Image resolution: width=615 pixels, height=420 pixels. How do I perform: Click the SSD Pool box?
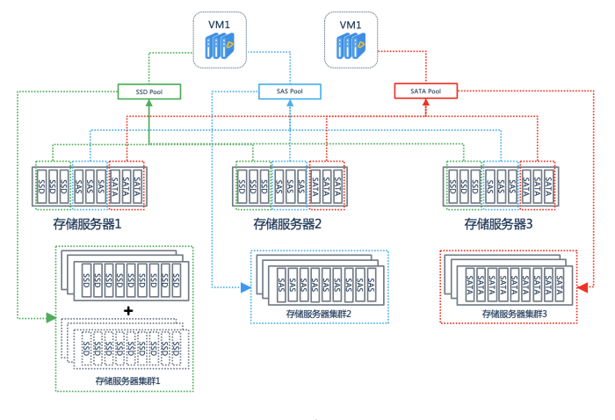[x=148, y=91]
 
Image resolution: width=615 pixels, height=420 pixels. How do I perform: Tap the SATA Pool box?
[x=425, y=91]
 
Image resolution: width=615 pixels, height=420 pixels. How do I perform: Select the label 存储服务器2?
[x=287, y=224]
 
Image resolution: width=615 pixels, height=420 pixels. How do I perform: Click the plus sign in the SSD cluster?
[x=127, y=310]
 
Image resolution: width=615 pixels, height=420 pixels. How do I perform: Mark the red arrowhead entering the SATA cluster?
[x=582, y=288]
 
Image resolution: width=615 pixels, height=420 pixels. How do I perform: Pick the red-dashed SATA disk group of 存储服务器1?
[x=127, y=185]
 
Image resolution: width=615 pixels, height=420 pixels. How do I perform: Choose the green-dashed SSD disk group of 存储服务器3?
[x=462, y=185]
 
